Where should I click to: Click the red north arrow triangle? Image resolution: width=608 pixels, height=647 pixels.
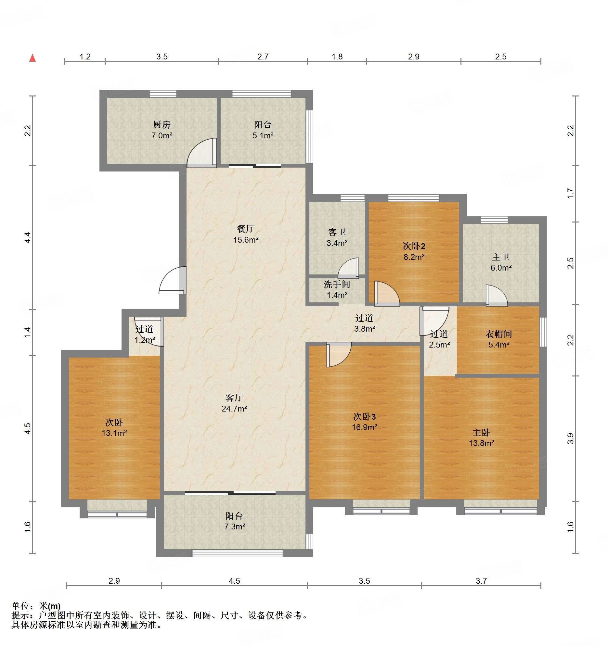[32, 58]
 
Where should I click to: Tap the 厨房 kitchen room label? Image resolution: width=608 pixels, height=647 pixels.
[162, 124]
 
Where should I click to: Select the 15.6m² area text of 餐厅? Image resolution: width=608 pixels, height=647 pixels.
[246, 240]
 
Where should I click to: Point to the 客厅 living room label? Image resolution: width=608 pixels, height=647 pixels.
[234, 397]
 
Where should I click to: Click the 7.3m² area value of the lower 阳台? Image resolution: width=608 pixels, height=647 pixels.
[235, 526]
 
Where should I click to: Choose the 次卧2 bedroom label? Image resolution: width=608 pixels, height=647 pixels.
[414, 246]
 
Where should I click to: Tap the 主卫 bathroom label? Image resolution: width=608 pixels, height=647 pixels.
[501, 257]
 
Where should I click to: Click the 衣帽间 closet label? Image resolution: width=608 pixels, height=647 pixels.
[498, 334]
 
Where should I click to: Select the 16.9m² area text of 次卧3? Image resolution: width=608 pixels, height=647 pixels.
[364, 427]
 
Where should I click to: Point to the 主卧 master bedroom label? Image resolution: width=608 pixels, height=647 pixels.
[481, 432]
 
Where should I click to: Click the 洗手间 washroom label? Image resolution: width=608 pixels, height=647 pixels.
[337, 285]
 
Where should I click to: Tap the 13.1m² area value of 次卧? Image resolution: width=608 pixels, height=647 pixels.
[114, 433]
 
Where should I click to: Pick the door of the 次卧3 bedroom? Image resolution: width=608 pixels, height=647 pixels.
[339, 355]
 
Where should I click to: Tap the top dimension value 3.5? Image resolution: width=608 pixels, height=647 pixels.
[162, 57]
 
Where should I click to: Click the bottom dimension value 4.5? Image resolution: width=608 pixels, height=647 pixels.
[234, 581]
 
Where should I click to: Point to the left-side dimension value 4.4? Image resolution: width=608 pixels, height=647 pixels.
[28, 237]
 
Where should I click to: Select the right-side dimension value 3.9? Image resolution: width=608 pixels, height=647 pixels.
[570, 438]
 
